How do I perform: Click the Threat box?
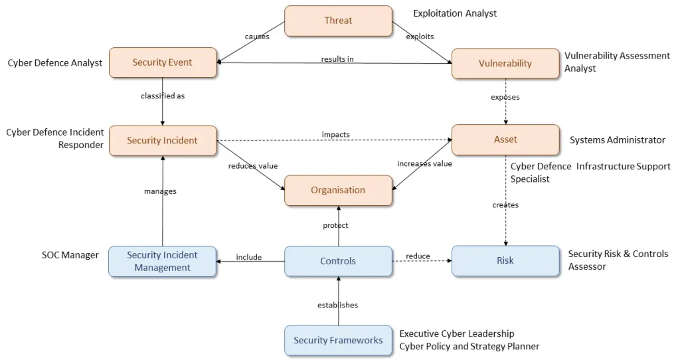click(338, 21)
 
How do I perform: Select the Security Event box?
click(163, 62)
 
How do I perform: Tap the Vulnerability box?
click(505, 63)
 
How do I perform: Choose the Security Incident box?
click(163, 140)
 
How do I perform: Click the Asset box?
click(505, 139)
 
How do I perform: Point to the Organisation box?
click(338, 190)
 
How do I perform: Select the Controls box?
click(338, 261)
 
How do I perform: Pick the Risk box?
click(505, 261)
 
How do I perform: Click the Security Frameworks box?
click(338, 340)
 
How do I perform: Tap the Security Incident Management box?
click(163, 261)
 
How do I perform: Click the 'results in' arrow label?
click(337, 59)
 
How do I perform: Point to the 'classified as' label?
click(163, 96)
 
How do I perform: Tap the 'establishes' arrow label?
click(337, 305)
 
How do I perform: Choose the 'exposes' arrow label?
click(505, 97)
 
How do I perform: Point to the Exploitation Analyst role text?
click(455, 13)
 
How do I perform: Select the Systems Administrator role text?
click(618, 140)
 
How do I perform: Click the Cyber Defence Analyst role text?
click(55, 63)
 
